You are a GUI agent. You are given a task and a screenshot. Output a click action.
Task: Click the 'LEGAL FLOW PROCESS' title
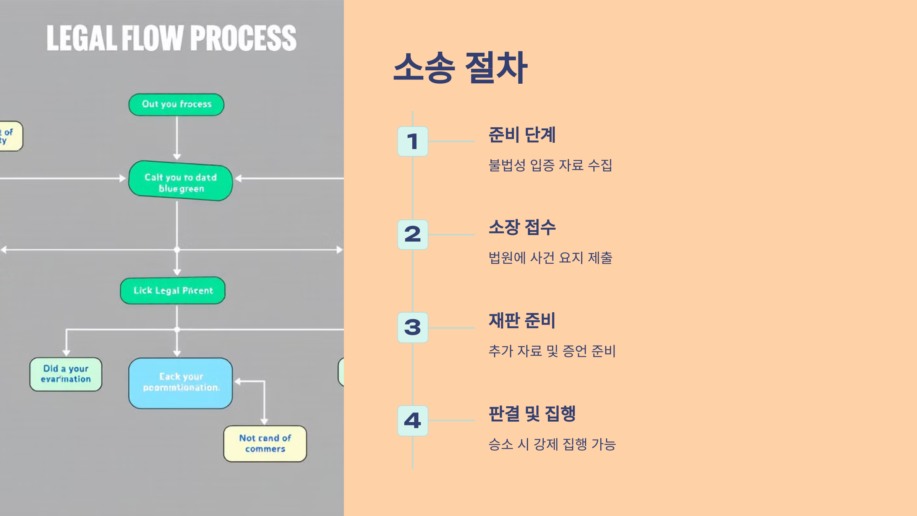[x=171, y=38]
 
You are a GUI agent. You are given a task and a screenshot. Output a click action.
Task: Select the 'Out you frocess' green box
[x=177, y=104]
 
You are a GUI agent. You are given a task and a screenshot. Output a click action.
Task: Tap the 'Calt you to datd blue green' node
[x=180, y=181]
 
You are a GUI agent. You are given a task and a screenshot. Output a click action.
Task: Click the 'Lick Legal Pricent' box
[x=173, y=290]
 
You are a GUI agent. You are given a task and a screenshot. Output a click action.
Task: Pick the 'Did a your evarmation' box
[x=66, y=374]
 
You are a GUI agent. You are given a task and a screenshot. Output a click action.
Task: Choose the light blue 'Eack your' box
[x=180, y=383]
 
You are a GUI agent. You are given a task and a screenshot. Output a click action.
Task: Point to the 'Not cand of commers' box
[x=265, y=443]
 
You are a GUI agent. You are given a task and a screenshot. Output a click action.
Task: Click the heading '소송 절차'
[x=460, y=68]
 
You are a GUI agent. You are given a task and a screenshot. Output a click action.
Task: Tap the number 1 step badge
[x=413, y=141]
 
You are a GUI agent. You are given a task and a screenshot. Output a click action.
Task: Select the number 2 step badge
[x=413, y=234]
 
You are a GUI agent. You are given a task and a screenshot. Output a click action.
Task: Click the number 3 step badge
[x=413, y=328]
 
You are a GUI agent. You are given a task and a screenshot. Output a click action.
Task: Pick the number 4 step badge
[x=413, y=420]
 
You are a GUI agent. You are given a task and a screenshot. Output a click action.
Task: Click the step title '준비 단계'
[x=522, y=135]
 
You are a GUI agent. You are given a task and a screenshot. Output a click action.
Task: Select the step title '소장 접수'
[x=522, y=227]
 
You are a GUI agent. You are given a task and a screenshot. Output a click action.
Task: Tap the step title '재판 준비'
[x=522, y=320]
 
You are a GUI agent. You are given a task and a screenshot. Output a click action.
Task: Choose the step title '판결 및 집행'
[x=532, y=414]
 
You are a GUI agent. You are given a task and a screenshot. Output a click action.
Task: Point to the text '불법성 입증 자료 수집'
[x=550, y=165]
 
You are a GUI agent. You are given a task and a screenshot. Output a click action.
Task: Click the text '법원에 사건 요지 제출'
[x=550, y=258]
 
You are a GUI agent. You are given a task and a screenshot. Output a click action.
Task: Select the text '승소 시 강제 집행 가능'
[x=552, y=444]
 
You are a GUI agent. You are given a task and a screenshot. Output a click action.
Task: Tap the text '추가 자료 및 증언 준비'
[x=552, y=351]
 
